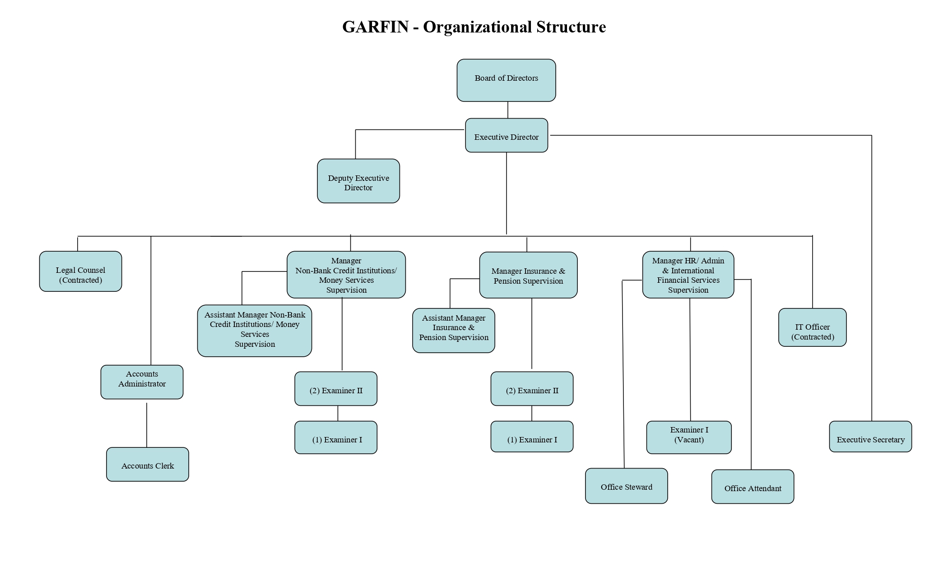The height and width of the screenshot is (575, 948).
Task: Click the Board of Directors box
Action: tap(506, 80)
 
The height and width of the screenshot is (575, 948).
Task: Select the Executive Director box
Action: tap(506, 135)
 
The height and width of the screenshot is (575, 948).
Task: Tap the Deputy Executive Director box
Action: tap(358, 181)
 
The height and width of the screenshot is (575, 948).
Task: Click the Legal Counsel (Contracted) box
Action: tap(80, 271)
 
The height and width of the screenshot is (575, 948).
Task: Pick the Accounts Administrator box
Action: tap(142, 382)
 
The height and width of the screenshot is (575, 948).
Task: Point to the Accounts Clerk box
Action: tap(147, 465)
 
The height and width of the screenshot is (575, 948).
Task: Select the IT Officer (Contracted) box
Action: tap(812, 327)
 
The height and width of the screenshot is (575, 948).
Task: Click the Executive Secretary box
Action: tap(870, 437)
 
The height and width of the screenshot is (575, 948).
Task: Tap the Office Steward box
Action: tap(626, 486)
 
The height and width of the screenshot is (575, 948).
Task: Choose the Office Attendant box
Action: tap(753, 487)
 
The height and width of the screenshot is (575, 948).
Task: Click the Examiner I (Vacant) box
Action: tap(689, 437)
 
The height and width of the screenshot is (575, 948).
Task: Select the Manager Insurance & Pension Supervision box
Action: tap(528, 275)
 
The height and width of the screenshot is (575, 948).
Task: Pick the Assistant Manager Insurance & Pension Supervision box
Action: tap(453, 331)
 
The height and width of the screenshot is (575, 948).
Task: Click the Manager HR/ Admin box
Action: tap(688, 275)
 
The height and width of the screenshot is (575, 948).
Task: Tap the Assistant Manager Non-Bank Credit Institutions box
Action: tap(254, 331)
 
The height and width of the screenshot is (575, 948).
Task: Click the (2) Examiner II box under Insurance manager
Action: tap(532, 389)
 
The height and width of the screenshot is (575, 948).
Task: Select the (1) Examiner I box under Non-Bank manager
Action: tap(335, 437)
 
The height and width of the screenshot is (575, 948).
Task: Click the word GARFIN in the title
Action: tap(375, 27)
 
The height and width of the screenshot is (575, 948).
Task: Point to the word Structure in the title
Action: tap(571, 27)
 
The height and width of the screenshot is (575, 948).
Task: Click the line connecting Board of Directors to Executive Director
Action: tap(508, 110)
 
